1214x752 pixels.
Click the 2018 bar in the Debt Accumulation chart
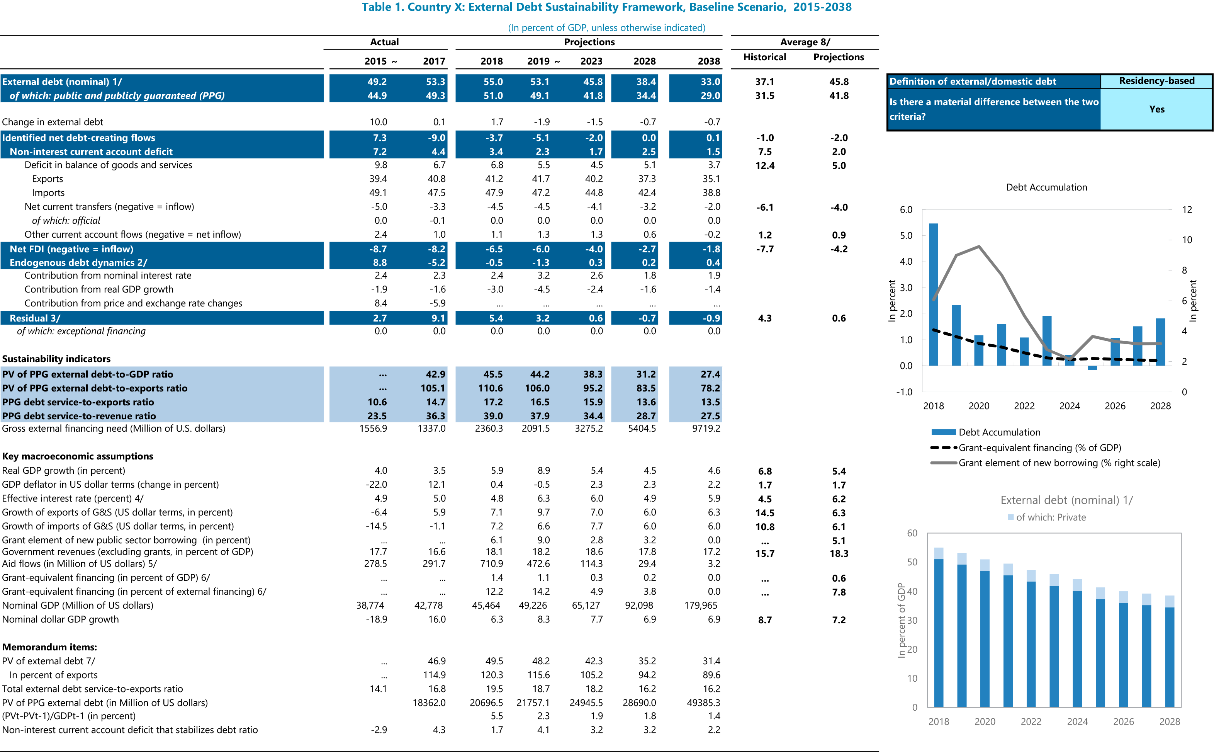pos(933,294)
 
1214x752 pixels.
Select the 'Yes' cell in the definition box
pos(1156,109)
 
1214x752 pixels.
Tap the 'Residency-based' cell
pos(1156,80)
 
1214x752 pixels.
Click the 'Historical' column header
pos(764,57)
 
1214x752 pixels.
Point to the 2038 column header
pos(708,61)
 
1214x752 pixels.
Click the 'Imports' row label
pos(48,192)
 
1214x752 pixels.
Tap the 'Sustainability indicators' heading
pos(56,359)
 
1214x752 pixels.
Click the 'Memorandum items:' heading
pos(49,647)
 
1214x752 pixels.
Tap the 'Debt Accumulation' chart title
pos(1046,187)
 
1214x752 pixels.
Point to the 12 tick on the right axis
pos(1187,209)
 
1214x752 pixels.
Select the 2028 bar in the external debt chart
pos(1170,651)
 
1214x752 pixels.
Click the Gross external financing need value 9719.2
pos(706,428)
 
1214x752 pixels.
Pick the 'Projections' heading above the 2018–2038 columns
pos(589,42)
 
